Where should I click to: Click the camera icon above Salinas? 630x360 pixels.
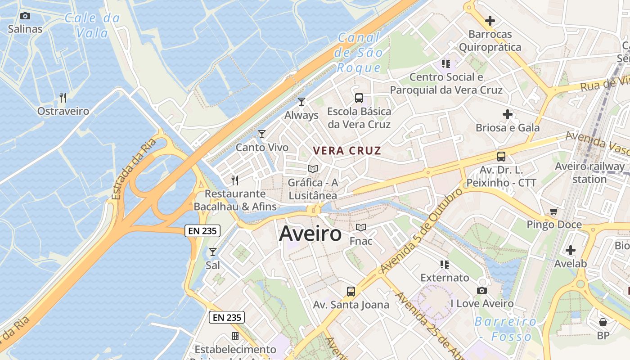(x=25, y=16)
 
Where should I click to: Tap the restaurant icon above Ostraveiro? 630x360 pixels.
(x=63, y=97)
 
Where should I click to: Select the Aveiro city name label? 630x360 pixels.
(x=310, y=234)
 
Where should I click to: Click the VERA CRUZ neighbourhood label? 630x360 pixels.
(x=347, y=151)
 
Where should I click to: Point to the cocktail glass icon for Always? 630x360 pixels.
(x=301, y=102)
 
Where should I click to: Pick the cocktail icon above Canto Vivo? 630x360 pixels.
(x=262, y=134)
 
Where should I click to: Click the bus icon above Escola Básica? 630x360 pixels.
(x=359, y=98)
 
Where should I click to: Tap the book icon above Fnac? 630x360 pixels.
(x=361, y=228)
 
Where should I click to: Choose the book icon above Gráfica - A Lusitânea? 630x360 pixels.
(x=313, y=169)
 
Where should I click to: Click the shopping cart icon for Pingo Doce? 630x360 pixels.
(x=554, y=211)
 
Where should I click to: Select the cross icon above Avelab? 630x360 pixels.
(x=571, y=250)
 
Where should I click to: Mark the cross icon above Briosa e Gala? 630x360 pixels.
(x=508, y=114)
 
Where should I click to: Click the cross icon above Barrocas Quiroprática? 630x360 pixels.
(x=490, y=21)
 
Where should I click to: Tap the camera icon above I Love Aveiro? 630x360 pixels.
(x=482, y=291)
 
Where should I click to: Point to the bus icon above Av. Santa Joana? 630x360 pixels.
(x=351, y=292)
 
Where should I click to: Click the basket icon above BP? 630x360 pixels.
(x=603, y=322)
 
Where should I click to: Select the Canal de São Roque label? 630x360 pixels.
(x=359, y=53)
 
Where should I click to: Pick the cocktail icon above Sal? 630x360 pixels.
(x=213, y=252)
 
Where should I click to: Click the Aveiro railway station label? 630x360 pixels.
(x=589, y=173)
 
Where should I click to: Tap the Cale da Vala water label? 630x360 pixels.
(x=93, y=25)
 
